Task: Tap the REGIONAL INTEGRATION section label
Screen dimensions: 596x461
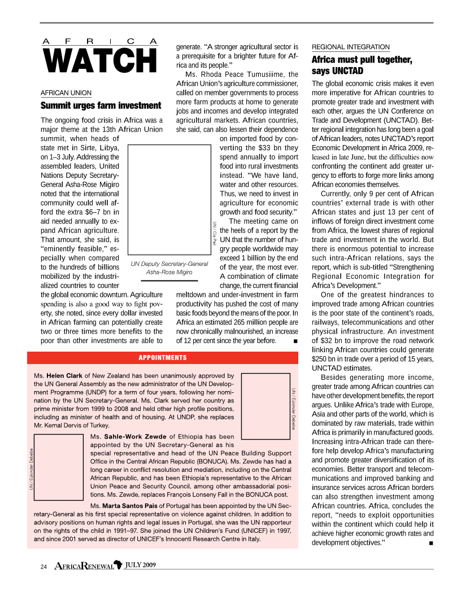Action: click(351, 47)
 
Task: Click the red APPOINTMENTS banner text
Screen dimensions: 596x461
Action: click(163, 357)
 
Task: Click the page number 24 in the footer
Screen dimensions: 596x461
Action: click(43, 566)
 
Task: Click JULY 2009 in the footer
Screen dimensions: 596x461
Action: click(140, 565)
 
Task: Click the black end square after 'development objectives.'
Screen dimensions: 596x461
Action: click(431, 543)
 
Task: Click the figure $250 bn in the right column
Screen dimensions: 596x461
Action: click(325, 359)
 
